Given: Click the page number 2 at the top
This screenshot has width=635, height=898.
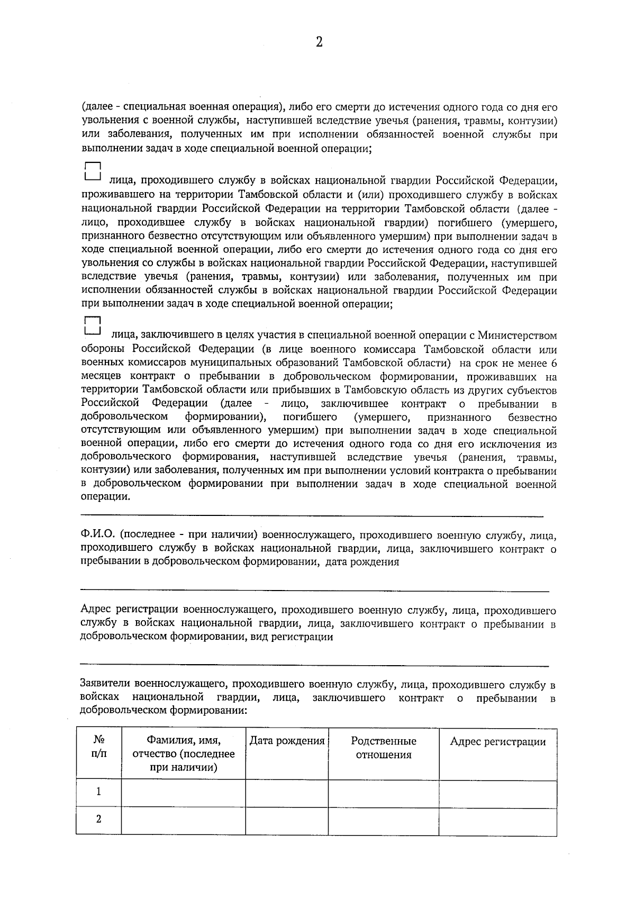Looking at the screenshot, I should click(319, 42).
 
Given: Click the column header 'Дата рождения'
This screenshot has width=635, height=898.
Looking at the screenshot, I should click(287, 741).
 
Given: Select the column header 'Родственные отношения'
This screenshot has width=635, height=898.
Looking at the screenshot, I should click(384, 748).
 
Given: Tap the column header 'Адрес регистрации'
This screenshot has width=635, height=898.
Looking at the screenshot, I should click(497, 741).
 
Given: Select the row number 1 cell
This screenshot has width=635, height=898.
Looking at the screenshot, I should click(99, 792).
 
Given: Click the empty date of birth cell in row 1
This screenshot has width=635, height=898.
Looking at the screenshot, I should click(287, 792).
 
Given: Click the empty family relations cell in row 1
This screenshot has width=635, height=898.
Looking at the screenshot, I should click(384, 792).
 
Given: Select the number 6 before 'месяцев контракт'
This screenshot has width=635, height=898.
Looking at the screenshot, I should click(554, 363).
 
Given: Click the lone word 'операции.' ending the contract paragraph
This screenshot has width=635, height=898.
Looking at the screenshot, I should click(105, 497).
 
